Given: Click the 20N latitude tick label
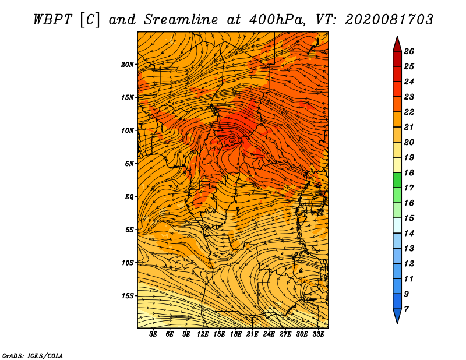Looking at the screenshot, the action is (128, 65).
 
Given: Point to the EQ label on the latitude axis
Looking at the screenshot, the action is (129, 197).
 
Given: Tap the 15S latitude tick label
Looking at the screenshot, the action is (128, 296).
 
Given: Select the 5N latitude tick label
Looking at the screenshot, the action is (129, 164).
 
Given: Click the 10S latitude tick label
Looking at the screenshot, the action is (128, 263).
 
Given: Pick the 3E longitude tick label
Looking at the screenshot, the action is (153, 334).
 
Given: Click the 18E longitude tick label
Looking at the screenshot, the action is (236, 334).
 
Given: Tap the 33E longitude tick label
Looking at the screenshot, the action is (318, 334).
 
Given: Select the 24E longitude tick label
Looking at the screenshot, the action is (269, 334).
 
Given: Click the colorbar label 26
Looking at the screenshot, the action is (409, 51).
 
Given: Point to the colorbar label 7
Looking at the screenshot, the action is (406, 309).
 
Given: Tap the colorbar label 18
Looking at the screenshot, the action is (409, 172).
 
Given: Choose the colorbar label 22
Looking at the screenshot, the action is (409, 112).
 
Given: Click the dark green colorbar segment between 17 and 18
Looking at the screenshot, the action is (397, 180).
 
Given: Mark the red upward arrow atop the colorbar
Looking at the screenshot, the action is (397, 44).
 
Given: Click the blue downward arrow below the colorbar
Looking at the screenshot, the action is (397, 316).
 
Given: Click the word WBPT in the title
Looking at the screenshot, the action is (53, 20).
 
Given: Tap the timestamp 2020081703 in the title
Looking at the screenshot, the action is (389, 20).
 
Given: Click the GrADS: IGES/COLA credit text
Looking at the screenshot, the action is (33, 356).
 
